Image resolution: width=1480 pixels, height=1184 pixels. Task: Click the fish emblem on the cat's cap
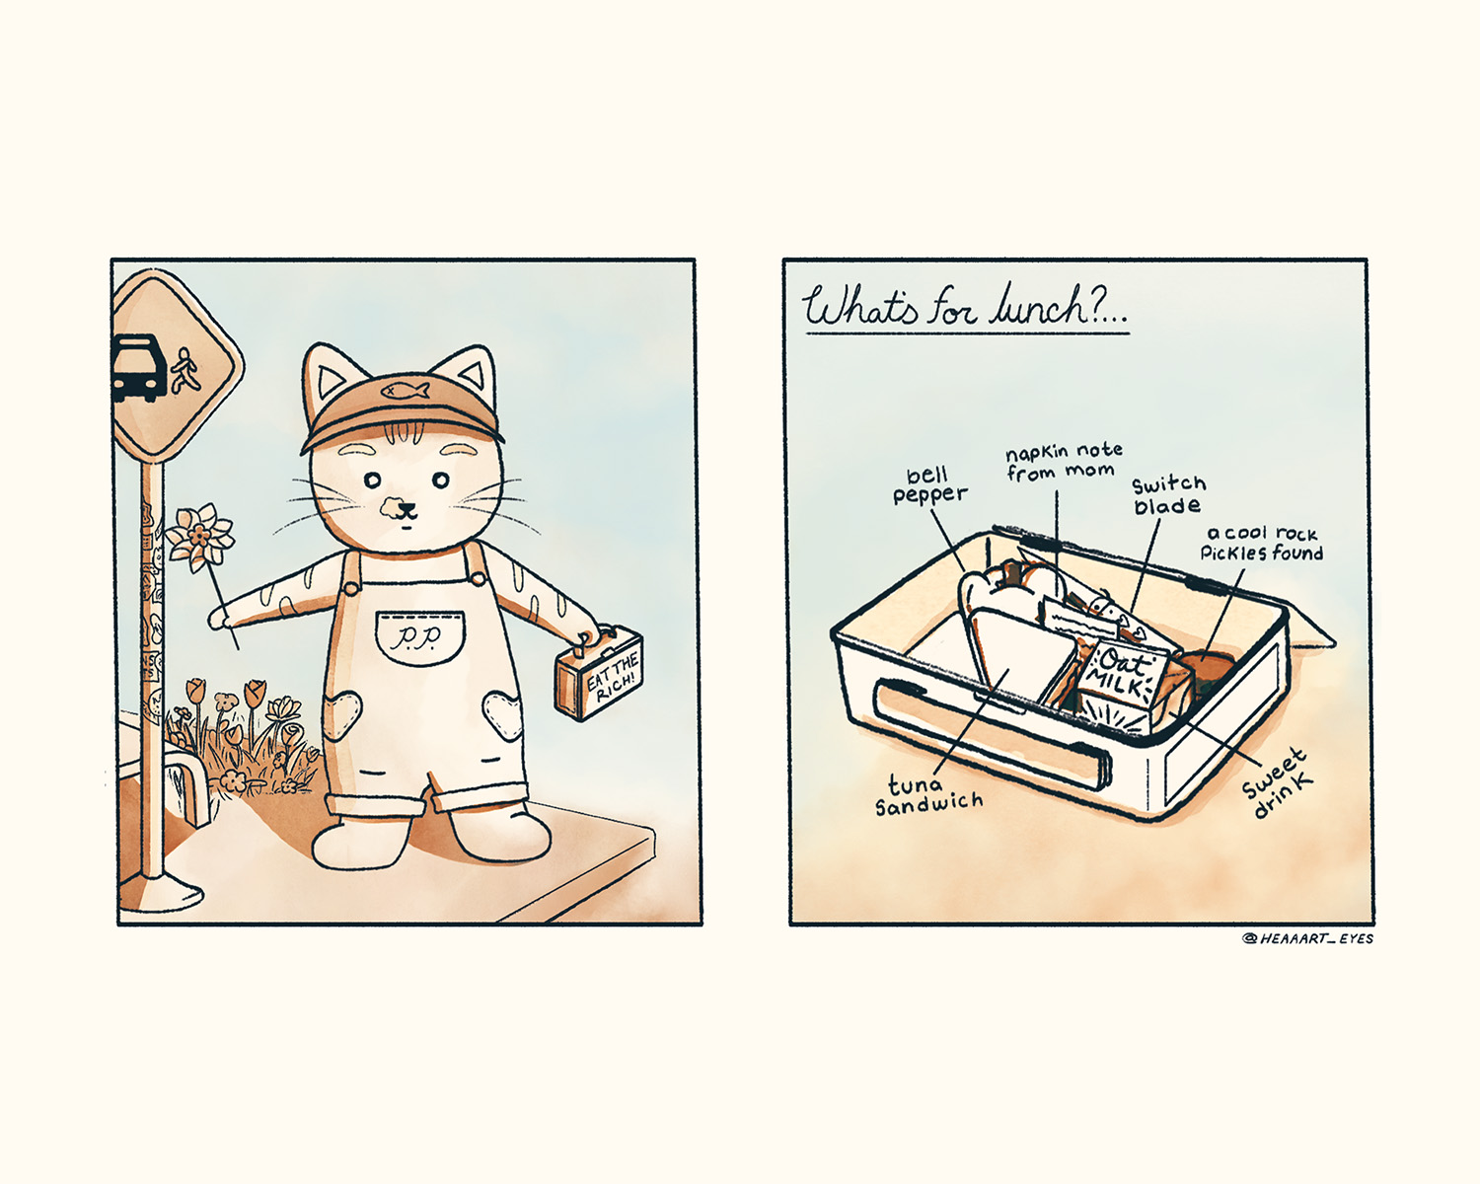(x=405, y=390)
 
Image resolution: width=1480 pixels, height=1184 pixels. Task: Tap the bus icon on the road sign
(x=139, y=367)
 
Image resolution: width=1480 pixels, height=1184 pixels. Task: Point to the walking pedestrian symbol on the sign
(x=185, y=370)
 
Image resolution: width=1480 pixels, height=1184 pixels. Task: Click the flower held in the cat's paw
(x=199, y=538)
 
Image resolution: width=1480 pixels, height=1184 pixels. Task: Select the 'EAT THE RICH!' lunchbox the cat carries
(x=599, y=673)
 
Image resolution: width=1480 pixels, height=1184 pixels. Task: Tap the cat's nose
(x=407, y=510)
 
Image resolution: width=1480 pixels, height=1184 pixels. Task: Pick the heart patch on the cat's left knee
(x=501, y=716)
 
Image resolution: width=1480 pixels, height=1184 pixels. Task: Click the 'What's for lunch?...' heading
(x=966, y=307)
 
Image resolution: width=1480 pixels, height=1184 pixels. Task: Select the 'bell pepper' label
(x=929, y=485)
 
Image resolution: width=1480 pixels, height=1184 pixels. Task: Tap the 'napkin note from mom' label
(x=1064, y=462)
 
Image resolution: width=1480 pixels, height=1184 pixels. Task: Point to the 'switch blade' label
(x=1168, y=495)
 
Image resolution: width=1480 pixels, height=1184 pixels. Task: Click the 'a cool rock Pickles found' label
(x=1262, y=544)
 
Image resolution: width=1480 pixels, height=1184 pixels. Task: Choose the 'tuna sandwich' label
(x=928, y=794)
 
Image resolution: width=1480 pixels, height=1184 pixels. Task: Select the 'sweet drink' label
(x=1277, y=782)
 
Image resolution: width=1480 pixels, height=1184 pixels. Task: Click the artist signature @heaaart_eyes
(x=1307, y=938)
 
